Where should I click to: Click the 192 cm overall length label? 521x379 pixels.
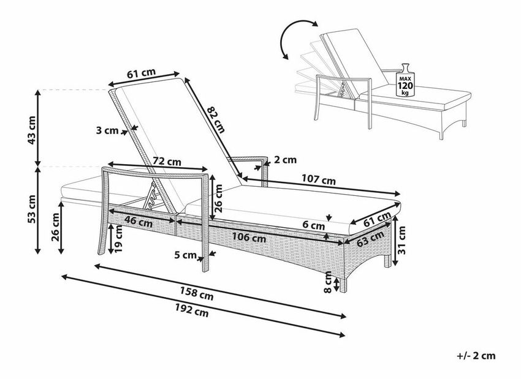coord(192,311)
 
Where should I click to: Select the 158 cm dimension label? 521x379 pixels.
coord(196,293)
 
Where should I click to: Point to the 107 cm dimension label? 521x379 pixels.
coord(319,179)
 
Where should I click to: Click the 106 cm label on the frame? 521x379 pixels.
coord(249,238)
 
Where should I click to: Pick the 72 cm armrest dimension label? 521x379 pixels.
coord(167,162)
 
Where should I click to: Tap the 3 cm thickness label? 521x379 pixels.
coord(107,130)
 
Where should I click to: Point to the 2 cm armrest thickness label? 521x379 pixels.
coord(286,160)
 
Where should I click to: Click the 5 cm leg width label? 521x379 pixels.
coord(186,255)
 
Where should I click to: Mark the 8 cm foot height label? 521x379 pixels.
coord(328,282)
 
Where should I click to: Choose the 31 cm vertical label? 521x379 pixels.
coord(402,240)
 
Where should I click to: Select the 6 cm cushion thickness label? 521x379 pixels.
coord(314,225)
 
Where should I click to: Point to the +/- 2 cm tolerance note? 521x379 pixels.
coord(476,356)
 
